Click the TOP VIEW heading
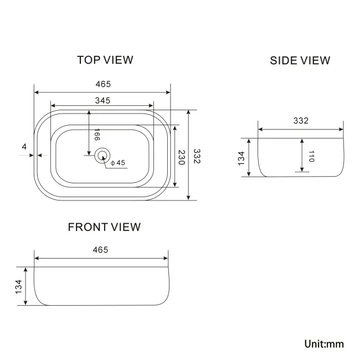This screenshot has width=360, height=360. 105,60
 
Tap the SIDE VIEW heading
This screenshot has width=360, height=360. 300,60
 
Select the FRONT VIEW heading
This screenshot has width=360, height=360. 104,227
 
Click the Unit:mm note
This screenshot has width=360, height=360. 324,344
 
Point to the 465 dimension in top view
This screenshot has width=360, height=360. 103,84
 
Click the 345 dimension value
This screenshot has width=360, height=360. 102,100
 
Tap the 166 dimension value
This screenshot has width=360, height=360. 97,135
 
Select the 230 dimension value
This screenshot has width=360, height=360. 182,157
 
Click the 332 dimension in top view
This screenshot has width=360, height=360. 197,156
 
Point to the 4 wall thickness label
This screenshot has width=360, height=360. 24,146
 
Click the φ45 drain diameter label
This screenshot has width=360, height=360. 118,163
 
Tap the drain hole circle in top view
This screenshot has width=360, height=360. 102,156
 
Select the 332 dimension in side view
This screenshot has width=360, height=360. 301,121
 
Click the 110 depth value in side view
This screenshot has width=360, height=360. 311,156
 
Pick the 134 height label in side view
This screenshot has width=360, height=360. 241,158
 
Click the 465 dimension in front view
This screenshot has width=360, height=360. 100,250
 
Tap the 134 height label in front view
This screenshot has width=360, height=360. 18,286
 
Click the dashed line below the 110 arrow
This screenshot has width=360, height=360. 302,172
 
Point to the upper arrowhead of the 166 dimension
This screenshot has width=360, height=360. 89,112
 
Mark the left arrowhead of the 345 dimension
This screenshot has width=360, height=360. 53,106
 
